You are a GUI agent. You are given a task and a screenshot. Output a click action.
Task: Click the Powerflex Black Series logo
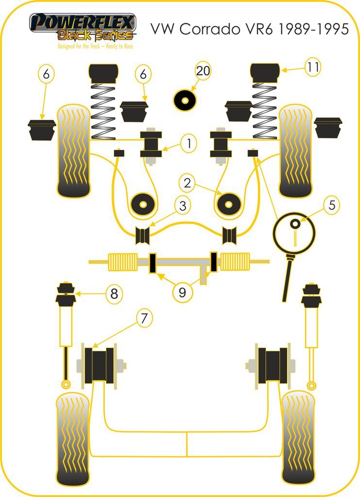click(82, 27)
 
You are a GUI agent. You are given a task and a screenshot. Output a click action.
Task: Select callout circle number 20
click(203, 71)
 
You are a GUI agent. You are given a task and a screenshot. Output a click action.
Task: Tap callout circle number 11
click(313, 67)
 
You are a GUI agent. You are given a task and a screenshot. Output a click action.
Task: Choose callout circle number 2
click(188, 182)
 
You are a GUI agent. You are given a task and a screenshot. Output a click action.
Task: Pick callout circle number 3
click(182, 206)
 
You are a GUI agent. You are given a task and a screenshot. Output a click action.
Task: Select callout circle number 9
click(182, 292)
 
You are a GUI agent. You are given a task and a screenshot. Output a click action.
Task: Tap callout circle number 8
click(114, 294)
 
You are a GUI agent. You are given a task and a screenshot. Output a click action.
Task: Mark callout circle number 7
click(144, 318)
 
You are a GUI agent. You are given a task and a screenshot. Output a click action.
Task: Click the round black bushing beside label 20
click(185, 100)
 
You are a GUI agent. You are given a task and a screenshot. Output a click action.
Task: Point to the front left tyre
click(74, 151)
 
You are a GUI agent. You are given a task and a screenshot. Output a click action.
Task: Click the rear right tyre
click(298, 437)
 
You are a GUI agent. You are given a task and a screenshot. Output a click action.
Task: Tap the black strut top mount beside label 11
click(265, 72)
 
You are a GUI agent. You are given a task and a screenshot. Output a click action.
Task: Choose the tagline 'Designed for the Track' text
click(95, 47)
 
